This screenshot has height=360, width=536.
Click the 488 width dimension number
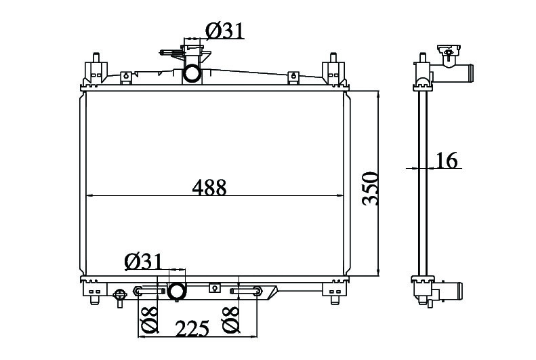point(209,187)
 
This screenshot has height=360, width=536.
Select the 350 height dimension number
point(371,188)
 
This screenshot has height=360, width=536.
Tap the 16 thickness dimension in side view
point(447,161)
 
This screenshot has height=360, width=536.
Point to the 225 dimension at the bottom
point(192,329)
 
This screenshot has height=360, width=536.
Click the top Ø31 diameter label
point(225,31)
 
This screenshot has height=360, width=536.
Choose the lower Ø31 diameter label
point(144,262)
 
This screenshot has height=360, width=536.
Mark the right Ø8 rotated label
point(230,319)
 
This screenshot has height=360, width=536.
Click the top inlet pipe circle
point(192,73)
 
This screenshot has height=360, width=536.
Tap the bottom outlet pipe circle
point(177,292)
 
